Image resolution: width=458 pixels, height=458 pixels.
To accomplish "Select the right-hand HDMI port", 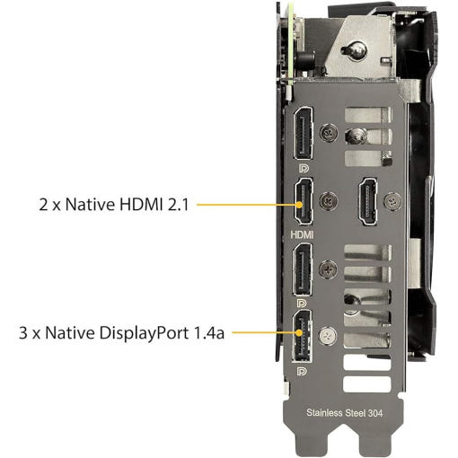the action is click(368, 201).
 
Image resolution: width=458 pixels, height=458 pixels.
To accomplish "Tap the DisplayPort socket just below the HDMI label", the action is click(302, 270).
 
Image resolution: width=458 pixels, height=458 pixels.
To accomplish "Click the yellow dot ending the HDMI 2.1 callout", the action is click(299, 205).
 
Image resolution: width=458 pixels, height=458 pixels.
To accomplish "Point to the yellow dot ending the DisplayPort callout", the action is click(299, 332).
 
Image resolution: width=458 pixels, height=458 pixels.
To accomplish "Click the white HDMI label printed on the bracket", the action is click(302, 234).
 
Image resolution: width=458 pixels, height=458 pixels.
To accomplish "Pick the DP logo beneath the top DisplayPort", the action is click(304, 169).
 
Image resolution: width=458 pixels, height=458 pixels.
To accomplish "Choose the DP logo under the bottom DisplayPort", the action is click(302, 372).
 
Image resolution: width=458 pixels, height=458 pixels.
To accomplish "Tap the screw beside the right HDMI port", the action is click(393, 201).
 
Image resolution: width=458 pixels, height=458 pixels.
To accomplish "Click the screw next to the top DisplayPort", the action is click(329, 133).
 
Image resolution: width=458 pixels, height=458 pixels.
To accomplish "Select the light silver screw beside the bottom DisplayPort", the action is click(328, 336).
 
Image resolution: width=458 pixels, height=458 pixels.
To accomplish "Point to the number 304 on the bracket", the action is click(375, 413).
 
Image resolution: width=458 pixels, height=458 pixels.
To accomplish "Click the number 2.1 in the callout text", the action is click(178, 205).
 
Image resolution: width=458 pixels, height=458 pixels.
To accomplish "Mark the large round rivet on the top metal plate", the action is click(356, 50).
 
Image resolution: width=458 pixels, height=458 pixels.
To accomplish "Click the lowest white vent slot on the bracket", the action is click(367, 384).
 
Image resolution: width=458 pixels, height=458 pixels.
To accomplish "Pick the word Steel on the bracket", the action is click(356, 413).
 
